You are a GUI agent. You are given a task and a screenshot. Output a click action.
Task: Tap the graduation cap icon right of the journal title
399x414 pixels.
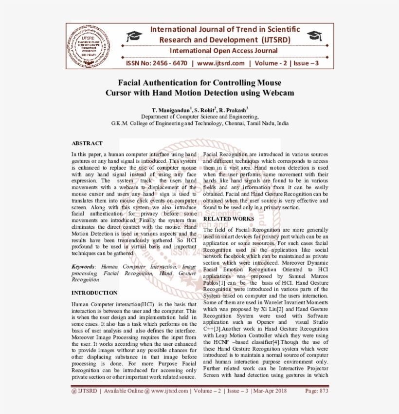coord(315,36)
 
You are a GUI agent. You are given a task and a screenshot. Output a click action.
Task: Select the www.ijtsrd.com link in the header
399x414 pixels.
coord(221,63)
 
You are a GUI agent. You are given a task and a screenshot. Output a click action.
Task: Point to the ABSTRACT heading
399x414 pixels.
coord(87,143)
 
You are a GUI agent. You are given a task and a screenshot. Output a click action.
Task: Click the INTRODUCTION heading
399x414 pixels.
coord(94,293)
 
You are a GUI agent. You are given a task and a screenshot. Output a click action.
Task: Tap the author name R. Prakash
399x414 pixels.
coord(233,110)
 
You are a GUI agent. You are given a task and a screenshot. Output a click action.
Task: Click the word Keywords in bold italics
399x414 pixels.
coord(83,267)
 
